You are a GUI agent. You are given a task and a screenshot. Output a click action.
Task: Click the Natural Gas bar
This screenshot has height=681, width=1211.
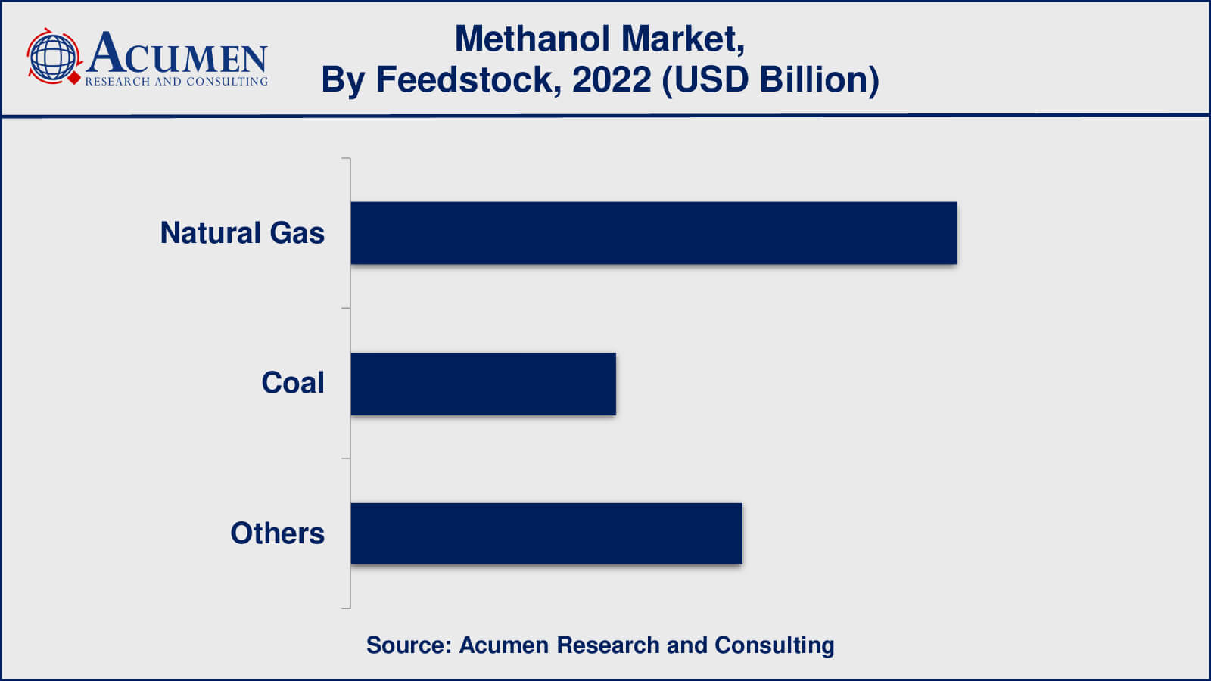(654, 233)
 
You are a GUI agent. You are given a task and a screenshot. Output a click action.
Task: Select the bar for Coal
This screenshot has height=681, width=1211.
(484, 384)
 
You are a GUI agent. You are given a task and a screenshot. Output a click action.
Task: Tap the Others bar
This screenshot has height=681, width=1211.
(546, 533)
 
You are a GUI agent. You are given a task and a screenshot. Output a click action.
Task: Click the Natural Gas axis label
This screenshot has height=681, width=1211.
(242, 234)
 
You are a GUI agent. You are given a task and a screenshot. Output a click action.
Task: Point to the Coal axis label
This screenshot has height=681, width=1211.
(293, 383)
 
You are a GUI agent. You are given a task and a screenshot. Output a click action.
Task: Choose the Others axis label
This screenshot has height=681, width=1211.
(277, 533)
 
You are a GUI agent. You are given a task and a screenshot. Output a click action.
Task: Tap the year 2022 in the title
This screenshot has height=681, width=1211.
(612, 80)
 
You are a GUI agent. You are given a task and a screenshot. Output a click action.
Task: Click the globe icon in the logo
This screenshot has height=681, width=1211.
(52, 56)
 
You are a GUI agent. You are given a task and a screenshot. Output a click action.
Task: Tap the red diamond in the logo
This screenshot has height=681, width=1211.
(74, 78)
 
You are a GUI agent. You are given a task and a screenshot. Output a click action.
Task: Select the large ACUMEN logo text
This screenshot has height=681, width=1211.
(177, 52)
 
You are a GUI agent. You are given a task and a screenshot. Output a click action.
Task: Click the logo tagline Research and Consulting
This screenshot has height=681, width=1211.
(177, 82)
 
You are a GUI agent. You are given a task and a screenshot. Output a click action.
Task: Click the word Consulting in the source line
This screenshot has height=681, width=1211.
(774, 646)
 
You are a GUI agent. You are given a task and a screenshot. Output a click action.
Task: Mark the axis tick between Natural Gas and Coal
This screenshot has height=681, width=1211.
(346, 308)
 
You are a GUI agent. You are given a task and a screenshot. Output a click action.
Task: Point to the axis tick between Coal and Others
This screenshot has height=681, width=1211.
(346, 459)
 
